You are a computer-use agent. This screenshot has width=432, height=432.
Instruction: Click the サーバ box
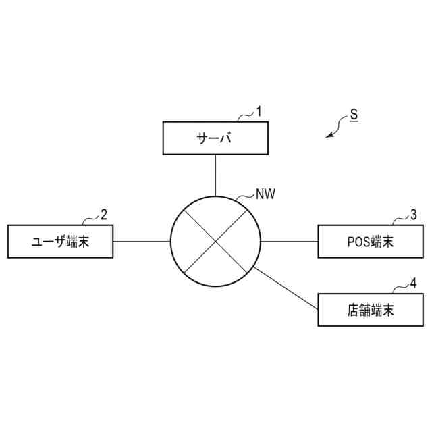coord(215,138)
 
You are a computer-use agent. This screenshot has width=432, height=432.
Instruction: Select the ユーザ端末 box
coord(60,241)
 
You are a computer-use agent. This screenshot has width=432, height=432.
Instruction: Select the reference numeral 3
coord(413,215)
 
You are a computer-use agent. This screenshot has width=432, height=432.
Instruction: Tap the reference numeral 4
coord(413,283)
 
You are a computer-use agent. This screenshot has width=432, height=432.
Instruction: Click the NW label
coord(265,194)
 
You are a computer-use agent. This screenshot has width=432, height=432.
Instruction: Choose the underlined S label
coord(354,115)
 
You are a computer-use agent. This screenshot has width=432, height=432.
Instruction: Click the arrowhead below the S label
coord(329,135)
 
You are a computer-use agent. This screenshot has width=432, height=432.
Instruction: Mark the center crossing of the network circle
coord(215,241)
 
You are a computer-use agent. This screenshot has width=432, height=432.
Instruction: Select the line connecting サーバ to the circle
coord(215,174)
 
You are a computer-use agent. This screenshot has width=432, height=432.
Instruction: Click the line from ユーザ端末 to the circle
coord(141,241)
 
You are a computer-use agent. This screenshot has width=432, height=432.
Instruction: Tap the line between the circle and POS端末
coord(290,241)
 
